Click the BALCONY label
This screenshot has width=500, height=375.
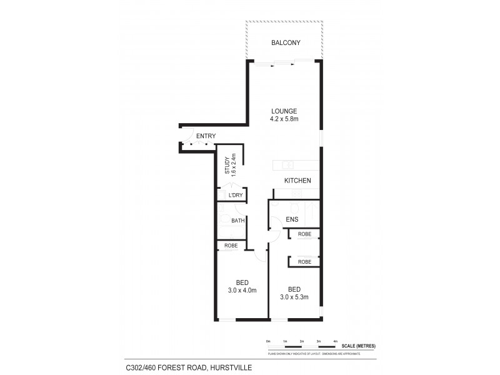pos(286,43)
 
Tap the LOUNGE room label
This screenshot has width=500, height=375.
pos(284,111)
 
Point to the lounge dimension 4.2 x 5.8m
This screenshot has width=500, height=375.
pos(284,119)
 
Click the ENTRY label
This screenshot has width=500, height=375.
pos(206,136)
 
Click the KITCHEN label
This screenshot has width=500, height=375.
pos(297,181)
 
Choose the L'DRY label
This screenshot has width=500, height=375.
pos(235,196)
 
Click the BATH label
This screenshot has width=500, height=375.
pos(237,220)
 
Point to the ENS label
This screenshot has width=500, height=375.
pos(292,219)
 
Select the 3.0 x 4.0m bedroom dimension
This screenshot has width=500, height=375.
pos(242,290)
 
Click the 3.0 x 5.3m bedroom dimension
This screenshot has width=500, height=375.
pos(294,296)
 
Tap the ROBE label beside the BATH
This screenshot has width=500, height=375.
pos(231,246)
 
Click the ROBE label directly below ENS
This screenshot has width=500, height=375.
pos(304,234)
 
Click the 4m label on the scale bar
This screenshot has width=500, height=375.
pos(336,341)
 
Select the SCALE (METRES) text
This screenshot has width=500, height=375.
pos(359,346)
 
